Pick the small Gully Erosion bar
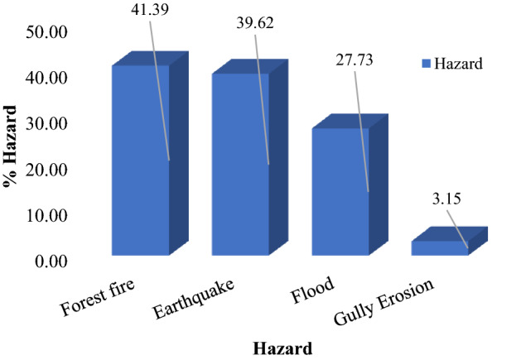[440, 247]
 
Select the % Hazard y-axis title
[13, 146]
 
